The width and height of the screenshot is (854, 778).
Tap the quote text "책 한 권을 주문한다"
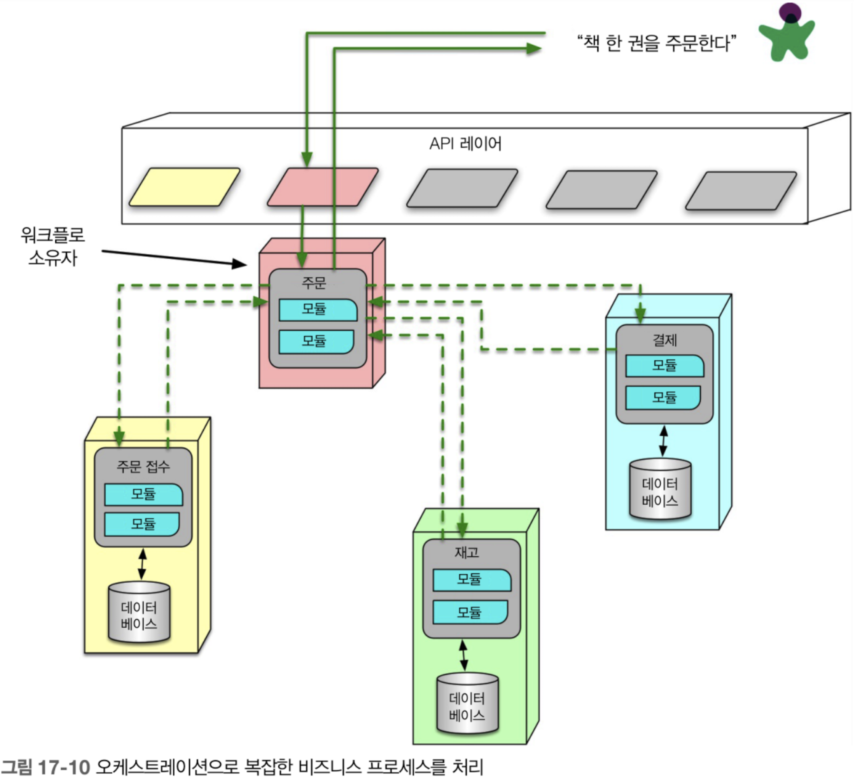coord(657,43)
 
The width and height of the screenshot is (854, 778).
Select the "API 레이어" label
coord(465,144)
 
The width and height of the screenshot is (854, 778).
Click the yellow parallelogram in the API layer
coord(184,187)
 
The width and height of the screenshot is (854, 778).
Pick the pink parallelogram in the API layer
coord(323,187)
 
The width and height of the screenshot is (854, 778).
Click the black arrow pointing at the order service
coord(174,258)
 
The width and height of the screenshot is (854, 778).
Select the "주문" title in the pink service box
coord(313,282)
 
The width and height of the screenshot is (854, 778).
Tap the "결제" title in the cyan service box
coord(664,339)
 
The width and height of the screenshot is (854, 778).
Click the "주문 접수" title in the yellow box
coord(143,466)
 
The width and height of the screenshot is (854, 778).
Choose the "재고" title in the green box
coord(467,552)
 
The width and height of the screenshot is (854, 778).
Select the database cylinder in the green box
coord(467,703)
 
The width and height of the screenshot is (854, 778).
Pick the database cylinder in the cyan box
coord(660,489)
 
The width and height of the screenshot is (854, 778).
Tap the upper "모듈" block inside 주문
coord(318,310)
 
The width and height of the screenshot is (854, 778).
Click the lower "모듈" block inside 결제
coord(663,397)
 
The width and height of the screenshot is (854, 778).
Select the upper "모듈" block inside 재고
coord(472,580)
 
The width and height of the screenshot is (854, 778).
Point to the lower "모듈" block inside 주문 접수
coord(142,524)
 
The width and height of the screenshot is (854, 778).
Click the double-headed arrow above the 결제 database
coord(663,441)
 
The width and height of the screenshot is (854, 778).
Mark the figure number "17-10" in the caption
coord(64,767)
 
